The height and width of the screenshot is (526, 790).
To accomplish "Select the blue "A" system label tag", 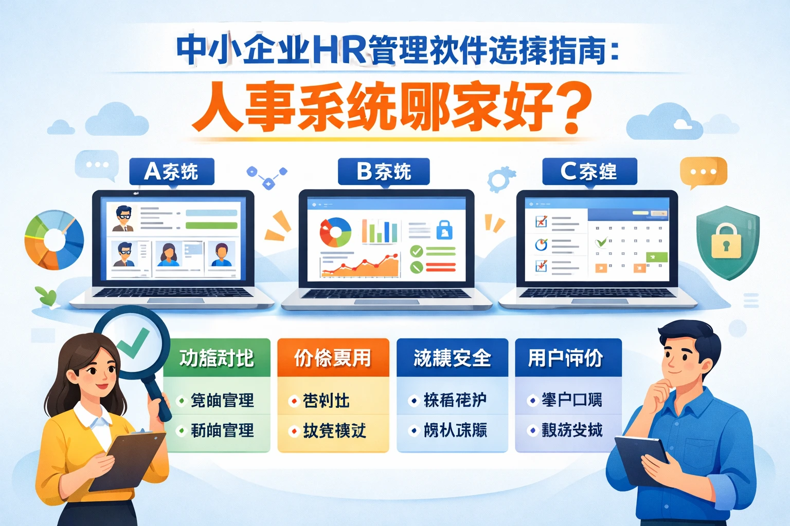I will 171,172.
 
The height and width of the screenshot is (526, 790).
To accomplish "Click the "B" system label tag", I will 384,172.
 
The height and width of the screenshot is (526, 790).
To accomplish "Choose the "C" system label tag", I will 589,172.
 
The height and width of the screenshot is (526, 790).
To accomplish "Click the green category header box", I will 217,358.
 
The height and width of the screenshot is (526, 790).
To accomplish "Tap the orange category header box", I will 333,358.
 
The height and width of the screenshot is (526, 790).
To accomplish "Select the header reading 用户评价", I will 568,358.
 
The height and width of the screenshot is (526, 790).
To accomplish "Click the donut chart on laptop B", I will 335,232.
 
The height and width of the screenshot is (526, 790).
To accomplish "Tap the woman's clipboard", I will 129,460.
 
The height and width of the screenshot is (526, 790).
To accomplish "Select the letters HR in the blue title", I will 340,50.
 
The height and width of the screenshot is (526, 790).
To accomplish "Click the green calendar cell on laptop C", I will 657,257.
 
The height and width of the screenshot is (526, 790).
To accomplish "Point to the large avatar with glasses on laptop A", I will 123,218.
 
